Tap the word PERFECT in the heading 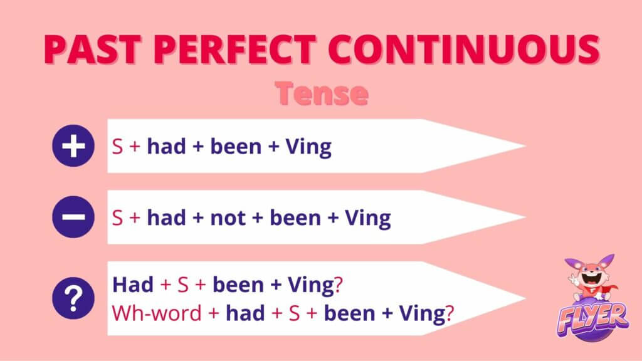pyautogui.click(x=235, y=50)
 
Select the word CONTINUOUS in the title pyautogui.click(x=464, y=50)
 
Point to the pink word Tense pyautogui.click(x=322, y=93)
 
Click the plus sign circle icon pyautogui.click(x=73, y=145)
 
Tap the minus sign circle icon pyautogui.click(x=73, y=217)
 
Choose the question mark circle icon pyautogui.click(x=73, y=298)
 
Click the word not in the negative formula pyautogui.click(x=228, y=217)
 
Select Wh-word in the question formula pyautogui.click(x=157, y=313)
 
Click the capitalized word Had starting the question pyautogui.click(x=133, y=285)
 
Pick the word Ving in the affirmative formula pyautogui.click(x=308, y=147)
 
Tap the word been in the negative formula pyautogui.click(x=295, y=217)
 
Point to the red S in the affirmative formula pyautogui.click(x=117, y=147)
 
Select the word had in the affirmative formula pyautogui.click(x=166, y=146)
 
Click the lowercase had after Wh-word pyautogui.click(x=245, y=313)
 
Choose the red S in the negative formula pyautogui.click(x=117, y=217)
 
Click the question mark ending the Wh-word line pyautogui.click(x=450, y=313)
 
